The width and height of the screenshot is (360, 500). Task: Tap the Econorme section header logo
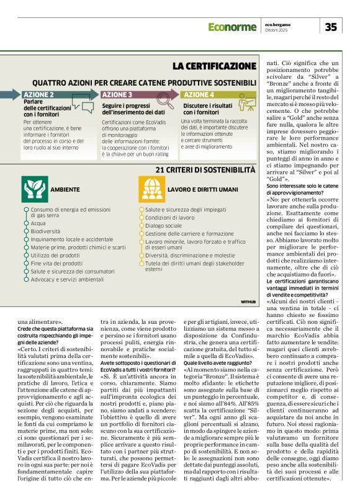point(232,27)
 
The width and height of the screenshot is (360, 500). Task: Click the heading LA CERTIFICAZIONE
point(214,66)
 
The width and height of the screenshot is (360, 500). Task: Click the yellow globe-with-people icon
point(151,189)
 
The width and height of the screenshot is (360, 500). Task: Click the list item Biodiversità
point(47,230)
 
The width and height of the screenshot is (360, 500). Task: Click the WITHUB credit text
point(248,301)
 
